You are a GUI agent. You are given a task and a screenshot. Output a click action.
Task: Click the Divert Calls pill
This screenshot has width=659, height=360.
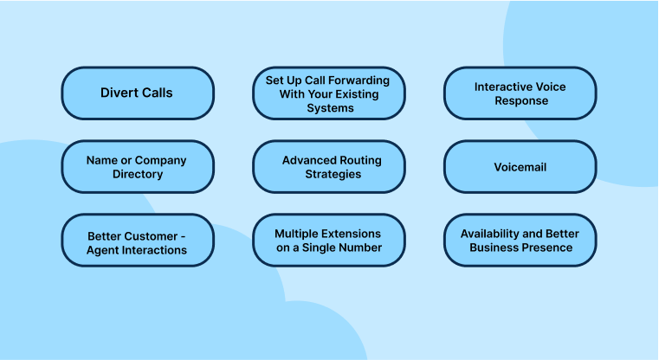point(138,93)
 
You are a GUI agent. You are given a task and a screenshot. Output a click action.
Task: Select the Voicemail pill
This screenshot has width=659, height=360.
point(520,167)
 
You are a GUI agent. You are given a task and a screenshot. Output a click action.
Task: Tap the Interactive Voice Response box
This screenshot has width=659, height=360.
point(520,93)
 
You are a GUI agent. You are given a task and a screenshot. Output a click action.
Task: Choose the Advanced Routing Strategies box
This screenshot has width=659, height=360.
point(329,167)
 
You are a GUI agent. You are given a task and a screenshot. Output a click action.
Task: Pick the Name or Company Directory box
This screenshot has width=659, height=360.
point(138,167)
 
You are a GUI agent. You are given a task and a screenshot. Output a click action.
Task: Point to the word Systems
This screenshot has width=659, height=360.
point(330,108)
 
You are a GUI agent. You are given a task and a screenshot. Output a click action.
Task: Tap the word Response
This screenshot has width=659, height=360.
point(521,100)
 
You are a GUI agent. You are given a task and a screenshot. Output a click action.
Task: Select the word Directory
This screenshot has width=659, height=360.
point(138,174)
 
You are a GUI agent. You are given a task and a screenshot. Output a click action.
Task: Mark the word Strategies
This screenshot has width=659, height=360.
point(333,174)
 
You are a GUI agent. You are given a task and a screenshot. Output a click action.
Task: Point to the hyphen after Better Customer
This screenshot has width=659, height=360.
point(183,237)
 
